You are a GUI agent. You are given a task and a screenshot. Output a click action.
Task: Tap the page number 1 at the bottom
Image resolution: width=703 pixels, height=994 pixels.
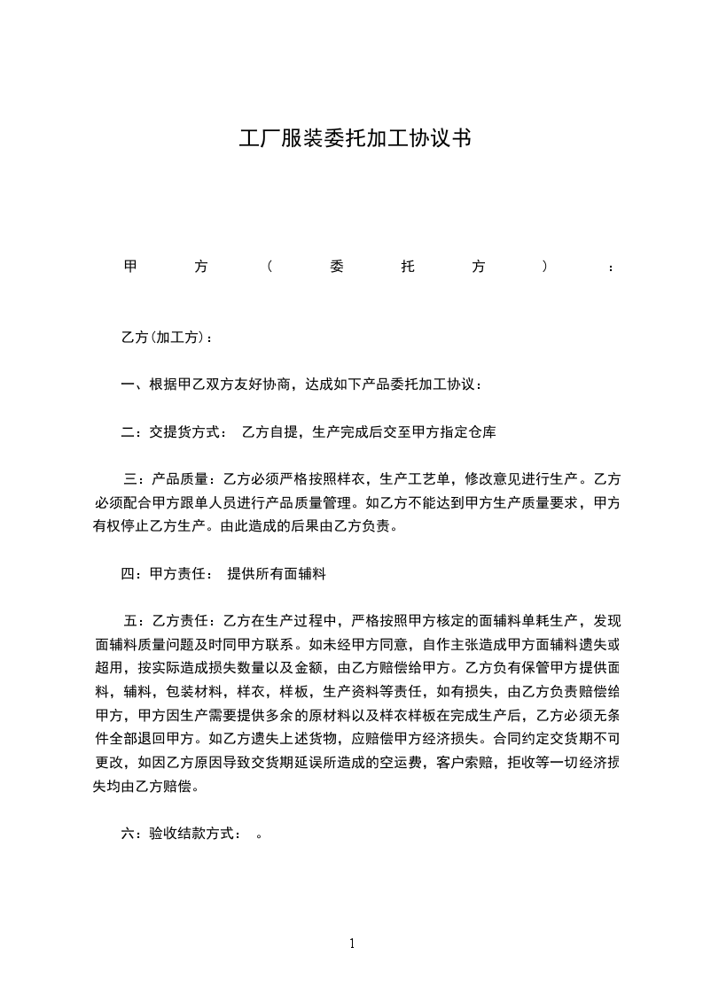352,944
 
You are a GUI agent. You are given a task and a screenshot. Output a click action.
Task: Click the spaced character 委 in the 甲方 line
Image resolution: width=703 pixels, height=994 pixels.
335,267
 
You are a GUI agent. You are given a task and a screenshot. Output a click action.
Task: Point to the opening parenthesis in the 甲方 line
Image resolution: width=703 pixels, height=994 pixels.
268,267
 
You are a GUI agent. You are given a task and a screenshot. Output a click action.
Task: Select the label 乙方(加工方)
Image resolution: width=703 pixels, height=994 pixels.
163,338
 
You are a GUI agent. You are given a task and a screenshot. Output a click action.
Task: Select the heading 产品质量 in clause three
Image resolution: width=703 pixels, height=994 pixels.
179,480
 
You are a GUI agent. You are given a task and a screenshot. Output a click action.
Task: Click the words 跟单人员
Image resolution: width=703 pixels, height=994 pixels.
229,503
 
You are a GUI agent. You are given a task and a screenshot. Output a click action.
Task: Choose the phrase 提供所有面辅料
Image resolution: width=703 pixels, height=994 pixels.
277,574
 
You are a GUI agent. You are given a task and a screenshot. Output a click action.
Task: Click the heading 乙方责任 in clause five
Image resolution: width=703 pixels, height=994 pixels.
179,619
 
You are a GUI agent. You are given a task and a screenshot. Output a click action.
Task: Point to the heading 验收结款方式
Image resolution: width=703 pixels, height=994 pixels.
192,833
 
